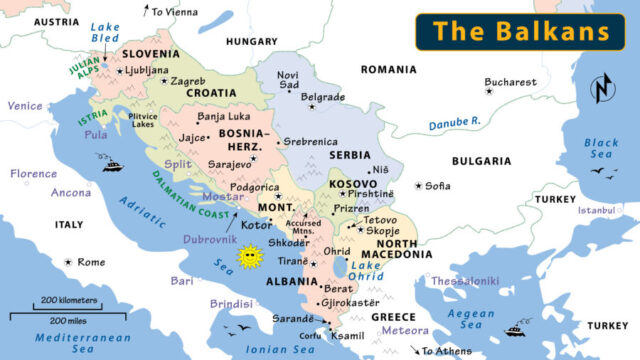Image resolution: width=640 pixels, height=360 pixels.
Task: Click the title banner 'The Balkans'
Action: (x=521, y=30)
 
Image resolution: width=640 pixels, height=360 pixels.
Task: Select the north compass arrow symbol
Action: (x=603, y=87)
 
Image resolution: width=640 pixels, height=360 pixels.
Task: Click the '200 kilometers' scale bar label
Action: (x=69, y=300)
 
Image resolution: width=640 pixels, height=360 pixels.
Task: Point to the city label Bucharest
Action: (x=510, y=82)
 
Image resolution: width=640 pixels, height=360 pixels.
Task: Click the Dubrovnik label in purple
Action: (x=209, y=240)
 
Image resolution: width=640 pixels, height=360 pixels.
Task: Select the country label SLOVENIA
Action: (x=150, y=54)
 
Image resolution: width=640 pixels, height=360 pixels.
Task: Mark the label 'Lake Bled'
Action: (x=104, y=32)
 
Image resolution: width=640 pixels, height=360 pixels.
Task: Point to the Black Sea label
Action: (x=601, y=149)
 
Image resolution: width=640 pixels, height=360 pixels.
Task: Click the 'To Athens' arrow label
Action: (x=446, y=351)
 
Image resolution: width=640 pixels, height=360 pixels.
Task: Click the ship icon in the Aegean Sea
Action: (x=516, y=331)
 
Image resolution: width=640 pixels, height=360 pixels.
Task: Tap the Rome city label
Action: (x=91, y=262)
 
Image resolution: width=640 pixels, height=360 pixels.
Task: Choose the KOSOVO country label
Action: (x=354, y=185)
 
